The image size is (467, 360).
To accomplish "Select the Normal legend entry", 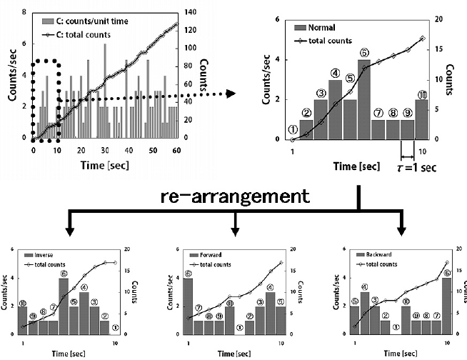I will tap(321, 27).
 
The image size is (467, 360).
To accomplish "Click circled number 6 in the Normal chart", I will tap(364, 52).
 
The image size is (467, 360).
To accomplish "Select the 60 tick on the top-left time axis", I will tap(176, 150).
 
